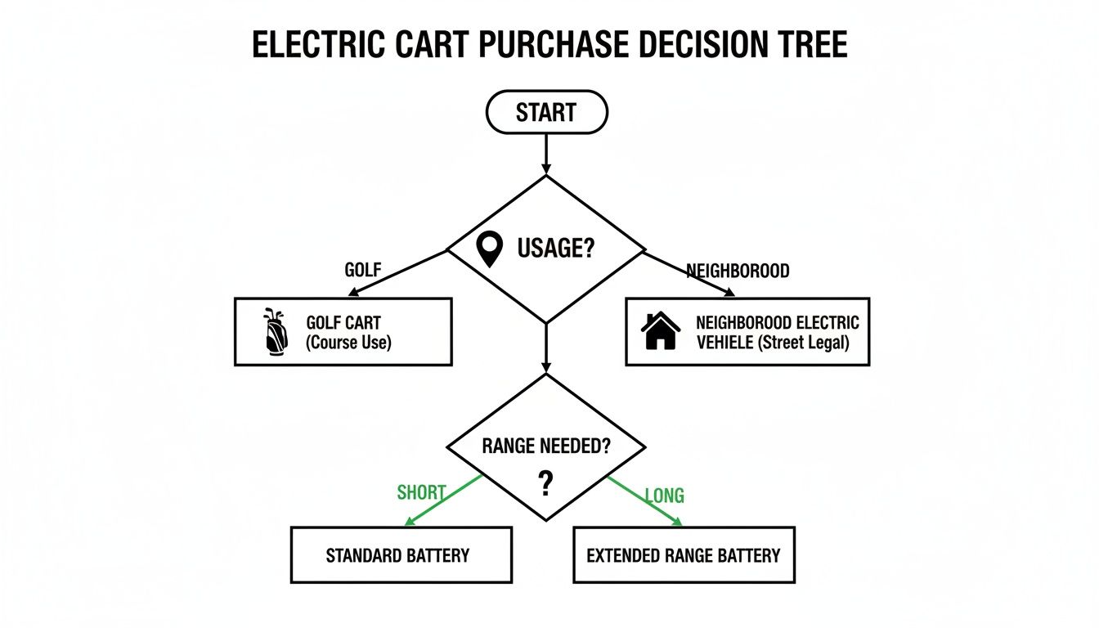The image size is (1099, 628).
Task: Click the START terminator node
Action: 546,112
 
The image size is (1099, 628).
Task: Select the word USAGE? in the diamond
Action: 555,248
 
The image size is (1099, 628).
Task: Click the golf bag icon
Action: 275,331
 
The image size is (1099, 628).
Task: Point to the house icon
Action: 661,331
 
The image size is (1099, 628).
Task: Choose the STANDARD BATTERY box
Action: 401,555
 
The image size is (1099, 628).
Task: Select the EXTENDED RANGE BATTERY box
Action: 684,555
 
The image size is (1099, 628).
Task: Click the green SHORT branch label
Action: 421,493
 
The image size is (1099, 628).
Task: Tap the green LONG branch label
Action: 664,496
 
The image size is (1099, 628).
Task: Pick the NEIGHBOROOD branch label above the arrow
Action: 738,271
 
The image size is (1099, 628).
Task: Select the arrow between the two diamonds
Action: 546,348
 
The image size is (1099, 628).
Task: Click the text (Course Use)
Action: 349,343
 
